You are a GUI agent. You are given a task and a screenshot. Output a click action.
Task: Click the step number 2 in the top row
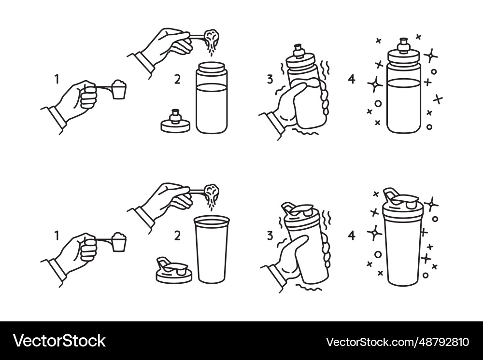tap(177, 79)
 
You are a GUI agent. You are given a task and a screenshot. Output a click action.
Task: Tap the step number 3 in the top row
tap(269, 79)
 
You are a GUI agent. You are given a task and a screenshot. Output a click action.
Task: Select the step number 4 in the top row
tap(352, 79)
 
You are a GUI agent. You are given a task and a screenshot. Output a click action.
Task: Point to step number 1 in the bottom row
tap(57, 235)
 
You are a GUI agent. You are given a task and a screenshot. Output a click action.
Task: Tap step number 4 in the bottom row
tap(352, 235)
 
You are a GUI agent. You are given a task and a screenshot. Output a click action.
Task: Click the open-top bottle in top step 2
tap(212, 99)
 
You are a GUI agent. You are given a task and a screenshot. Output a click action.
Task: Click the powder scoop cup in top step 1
tap(119, 90)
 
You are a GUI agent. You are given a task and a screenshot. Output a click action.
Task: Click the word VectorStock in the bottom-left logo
tap(59, 341)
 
